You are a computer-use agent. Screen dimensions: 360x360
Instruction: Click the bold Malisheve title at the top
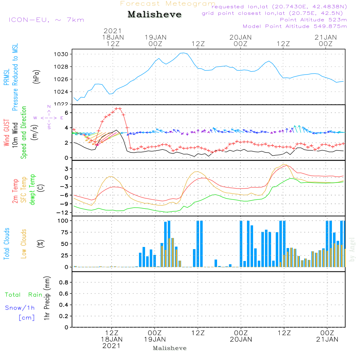pyautogui.click(x=154, y=15)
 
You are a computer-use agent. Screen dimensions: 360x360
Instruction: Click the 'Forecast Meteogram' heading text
pyautogui.click(x=168, y=4)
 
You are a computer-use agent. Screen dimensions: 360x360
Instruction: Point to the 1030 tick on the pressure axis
pyautogui.click(x=66, y=54)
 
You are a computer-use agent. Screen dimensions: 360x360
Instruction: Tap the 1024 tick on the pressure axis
pyautogui.click(x=66, y=92)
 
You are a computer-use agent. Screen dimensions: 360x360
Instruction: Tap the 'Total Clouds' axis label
pyautogui.click(x=6, y=244)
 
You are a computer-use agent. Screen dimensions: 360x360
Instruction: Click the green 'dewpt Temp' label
pyautogui.click(x=32, y=190)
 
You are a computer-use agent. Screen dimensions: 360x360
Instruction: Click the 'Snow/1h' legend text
pyautogui.click(x=20, y=308)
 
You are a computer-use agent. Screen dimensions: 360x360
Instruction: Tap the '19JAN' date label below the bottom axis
pyautogui.click(x=155, y=339)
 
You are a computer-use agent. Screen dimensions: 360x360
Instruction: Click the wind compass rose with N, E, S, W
pyautogui.click(x=49, y=117)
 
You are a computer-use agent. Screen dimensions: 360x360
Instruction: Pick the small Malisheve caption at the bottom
pyautogui.click(x=170, y=348)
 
